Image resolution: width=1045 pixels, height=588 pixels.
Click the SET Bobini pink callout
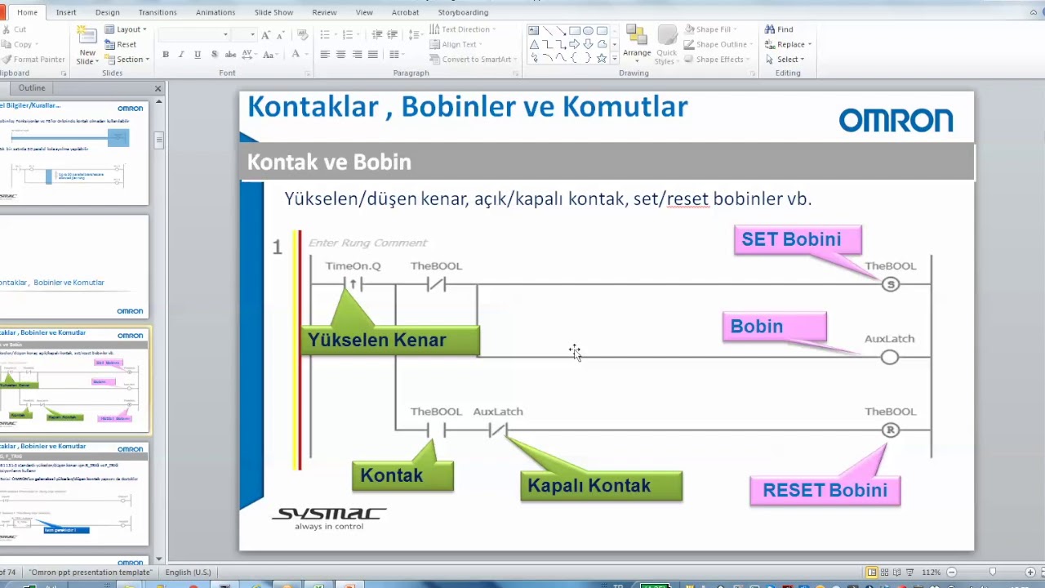[798, 240]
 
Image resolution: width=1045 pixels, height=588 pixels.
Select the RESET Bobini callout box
[825, 490]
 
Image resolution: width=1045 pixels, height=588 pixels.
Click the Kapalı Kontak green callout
[601, 486]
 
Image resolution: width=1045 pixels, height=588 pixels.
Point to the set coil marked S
[890, 284]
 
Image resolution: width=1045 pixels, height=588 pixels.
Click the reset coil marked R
[890, 430]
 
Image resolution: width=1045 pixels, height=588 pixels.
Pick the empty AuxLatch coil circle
[890, 357]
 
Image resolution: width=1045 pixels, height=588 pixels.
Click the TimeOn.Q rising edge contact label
[353, 266]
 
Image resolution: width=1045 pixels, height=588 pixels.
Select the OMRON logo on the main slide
[896, 121]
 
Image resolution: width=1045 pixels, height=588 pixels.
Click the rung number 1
[277, 247]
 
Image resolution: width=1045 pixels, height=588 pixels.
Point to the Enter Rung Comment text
[367, 243]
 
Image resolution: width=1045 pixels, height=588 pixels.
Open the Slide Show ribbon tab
[273, 12]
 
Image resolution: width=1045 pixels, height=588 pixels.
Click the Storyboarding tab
[463, 12]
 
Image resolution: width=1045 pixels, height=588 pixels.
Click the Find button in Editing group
[780, 29]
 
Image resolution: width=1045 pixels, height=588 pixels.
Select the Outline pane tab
[32, 87]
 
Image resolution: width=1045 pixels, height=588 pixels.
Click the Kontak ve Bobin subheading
[329, 162]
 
